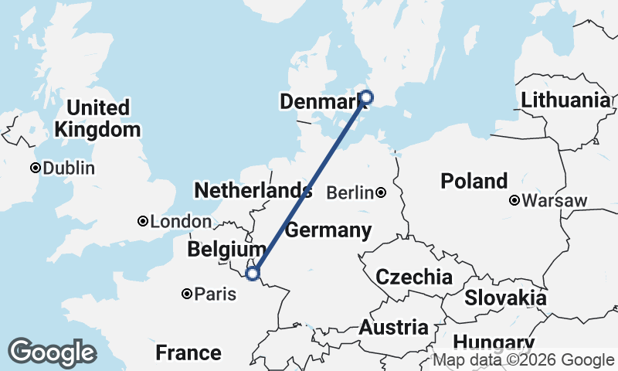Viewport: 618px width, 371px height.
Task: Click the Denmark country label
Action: [321, 101]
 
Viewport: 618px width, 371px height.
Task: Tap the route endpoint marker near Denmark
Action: [366, 97]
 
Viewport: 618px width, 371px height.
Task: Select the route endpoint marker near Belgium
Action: [252, 273]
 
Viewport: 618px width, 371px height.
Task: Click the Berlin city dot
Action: [381, 192]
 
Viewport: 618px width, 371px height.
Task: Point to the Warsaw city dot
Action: [514, 201]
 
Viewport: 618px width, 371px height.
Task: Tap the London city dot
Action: [142, 222]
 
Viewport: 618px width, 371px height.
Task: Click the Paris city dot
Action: [187, 294]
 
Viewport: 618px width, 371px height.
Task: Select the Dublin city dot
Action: [35, 168]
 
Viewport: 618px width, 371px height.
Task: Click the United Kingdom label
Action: [97, 118]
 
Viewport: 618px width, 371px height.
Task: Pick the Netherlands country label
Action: [253, 191]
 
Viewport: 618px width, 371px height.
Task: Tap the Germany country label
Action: [328, 230]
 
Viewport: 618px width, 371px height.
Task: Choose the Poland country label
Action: [474, 182]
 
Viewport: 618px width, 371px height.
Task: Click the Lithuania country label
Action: [565, 100]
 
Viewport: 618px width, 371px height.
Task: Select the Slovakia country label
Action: [505, 298]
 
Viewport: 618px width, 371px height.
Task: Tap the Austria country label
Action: [393, 327]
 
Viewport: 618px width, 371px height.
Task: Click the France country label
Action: [188, 353]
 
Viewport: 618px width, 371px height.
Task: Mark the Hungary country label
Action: [493, 343]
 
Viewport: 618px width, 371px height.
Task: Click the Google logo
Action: [52, 352]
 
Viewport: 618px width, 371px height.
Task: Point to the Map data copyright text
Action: [523, 360]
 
